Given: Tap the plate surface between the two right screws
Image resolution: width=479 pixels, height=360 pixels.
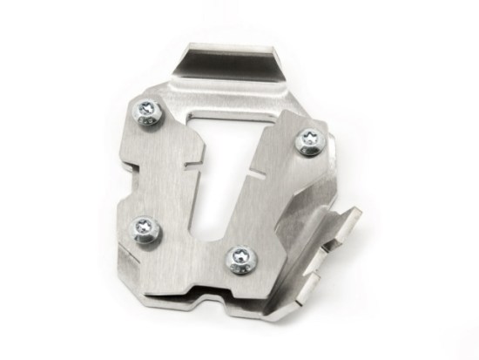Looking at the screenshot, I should tap(279, 200).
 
